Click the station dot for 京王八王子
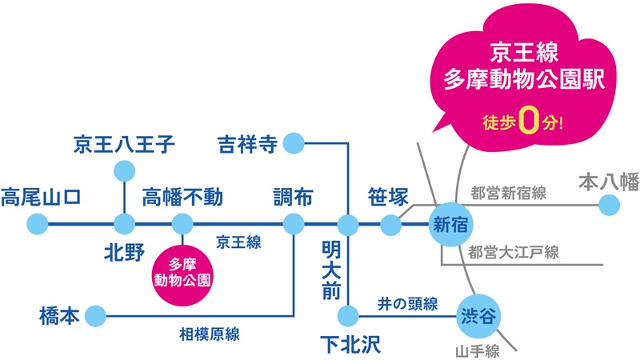(x=124, y=170)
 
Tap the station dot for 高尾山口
(x=37, y=224)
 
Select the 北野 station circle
(x=124, y=224)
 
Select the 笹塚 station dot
(x=390, y=225)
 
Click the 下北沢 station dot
(x=348, y=314)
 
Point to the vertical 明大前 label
(x=331, y=269)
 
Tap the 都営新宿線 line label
(x=508, y=193)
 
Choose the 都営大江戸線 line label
(x=514, y=253)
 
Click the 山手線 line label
(x=478, y=350)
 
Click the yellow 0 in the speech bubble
(x=527, y=122)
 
